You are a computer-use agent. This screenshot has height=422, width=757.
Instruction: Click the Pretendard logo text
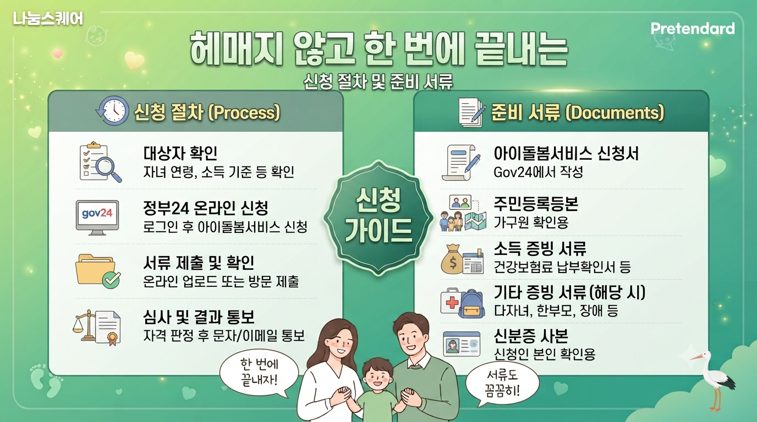[693, 29]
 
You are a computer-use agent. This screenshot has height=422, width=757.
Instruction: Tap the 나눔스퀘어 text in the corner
[48, 19]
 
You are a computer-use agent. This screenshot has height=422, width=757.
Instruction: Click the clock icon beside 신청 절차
[113, 111]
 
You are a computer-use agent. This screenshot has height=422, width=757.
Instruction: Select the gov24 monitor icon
[97, 218]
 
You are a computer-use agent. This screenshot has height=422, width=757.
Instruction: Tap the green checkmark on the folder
[111, 279]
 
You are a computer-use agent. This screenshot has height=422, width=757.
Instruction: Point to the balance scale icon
[85, 325]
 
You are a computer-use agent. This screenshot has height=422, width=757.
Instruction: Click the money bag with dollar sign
[452, 259]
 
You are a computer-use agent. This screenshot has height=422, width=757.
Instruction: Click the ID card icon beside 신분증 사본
[461, 343]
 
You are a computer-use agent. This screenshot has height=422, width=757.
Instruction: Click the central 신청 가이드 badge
[378, 218]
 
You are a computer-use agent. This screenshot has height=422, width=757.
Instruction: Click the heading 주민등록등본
[536, 203]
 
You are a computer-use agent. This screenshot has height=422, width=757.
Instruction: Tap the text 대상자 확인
[180, 153]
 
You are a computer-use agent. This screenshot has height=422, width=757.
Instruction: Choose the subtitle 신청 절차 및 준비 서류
[378, 81]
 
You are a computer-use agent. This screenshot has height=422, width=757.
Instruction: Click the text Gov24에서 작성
[539, 172]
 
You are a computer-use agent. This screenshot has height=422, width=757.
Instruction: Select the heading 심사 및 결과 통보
[199, 317]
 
